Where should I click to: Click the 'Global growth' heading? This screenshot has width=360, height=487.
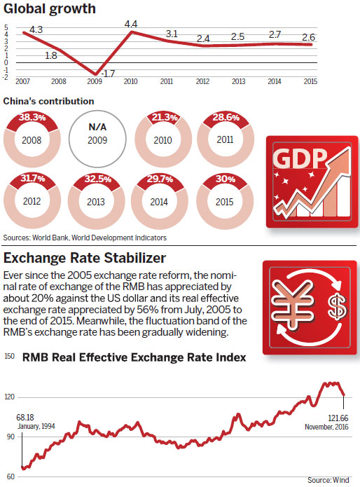(x=50, y=10)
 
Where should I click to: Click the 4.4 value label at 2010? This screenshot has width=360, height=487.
(x=131, y=25)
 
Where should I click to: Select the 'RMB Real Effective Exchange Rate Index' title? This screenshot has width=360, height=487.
(x=134, y=357)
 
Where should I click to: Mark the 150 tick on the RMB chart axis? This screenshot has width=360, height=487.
(x=9, y=357)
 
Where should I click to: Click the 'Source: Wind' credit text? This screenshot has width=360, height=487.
(x=331, y=480)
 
